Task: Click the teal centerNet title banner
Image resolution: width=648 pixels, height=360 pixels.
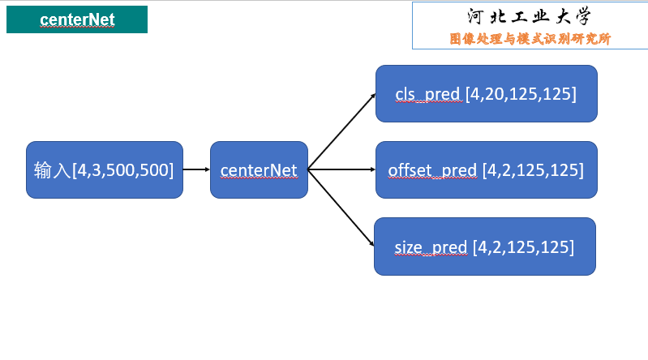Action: point(77,19)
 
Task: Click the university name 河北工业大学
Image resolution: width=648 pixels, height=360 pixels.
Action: point(530,16)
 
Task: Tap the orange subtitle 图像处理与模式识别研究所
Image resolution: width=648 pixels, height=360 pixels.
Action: point(530,38)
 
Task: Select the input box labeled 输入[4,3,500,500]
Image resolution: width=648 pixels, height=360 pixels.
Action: point(105,170)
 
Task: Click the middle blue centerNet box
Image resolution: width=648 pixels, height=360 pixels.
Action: point(259,170)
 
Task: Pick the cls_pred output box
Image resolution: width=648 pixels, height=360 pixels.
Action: point(486,94)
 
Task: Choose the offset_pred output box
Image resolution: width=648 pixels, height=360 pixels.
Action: point(486,170)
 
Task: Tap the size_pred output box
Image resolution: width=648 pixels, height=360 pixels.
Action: point(484,246)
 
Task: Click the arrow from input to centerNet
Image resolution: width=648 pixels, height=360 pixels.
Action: point(196,170)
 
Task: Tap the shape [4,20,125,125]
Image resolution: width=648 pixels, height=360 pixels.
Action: point(521,94)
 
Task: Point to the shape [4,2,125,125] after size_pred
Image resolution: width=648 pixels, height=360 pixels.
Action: point(523,246)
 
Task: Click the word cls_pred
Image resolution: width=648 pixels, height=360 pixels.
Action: point(427,94)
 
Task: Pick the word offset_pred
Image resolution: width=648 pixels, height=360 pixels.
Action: point(432,170)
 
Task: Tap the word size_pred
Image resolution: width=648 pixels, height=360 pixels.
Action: point(431,246)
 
